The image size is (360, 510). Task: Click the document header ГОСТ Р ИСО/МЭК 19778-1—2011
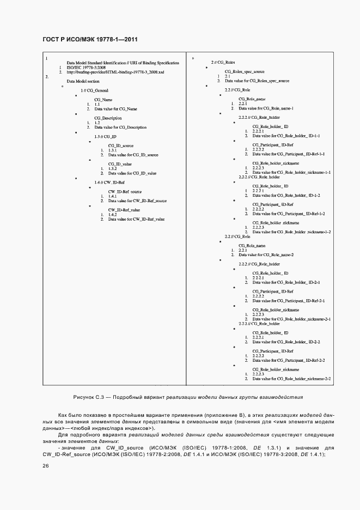[x=90, y=40]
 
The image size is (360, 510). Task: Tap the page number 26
[x=46, y=465]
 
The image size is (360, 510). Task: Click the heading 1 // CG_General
[x=94, y=90]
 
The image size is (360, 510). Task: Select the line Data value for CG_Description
[x=120, y=127]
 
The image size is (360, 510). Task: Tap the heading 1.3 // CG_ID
[x=106, y=136]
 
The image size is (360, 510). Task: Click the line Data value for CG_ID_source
[x=133, y=155]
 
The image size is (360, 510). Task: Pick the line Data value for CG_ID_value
[x=132, y=173]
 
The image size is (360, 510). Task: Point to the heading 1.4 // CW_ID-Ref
[x=109, y=182]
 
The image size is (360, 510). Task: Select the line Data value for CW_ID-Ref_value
[x=136, y=219]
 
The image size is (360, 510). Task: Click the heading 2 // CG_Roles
[x=223, y=63]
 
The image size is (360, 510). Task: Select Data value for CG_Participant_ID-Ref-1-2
[x=289, y=214]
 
